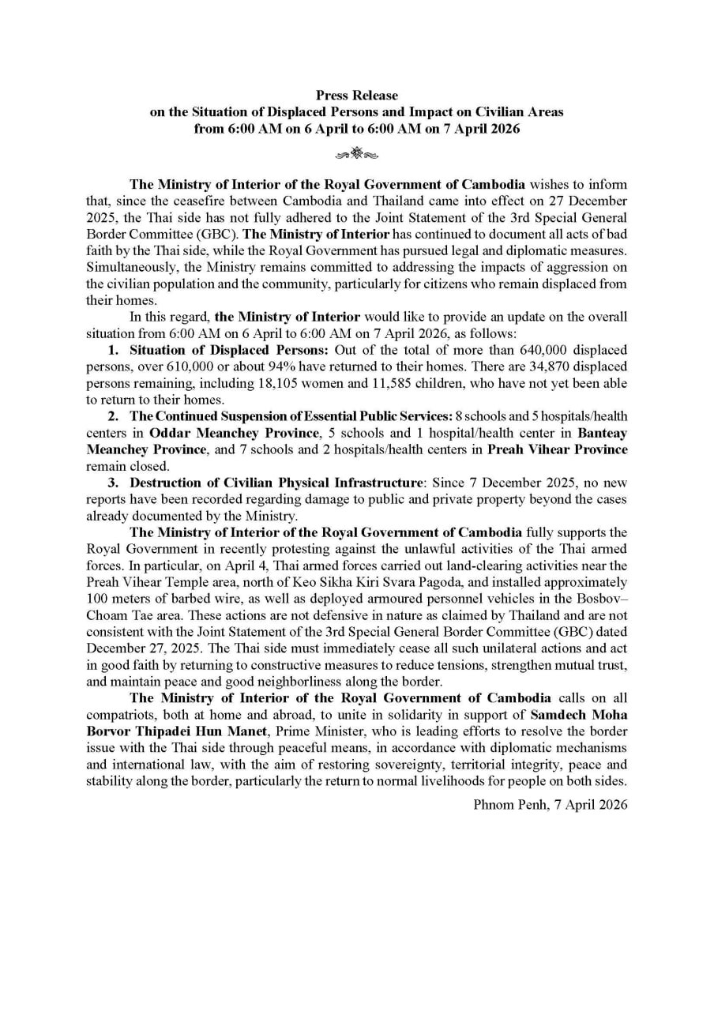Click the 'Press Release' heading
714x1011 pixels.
click(357, 96)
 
